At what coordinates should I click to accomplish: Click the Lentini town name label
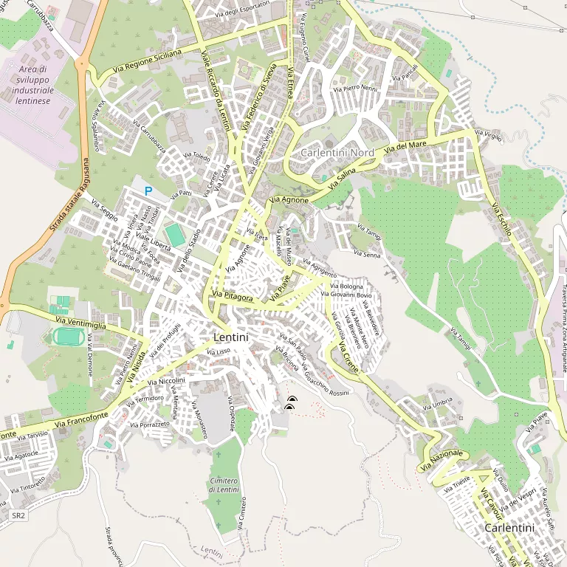click(230, 337)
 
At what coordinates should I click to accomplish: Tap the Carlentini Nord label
click(337, 152)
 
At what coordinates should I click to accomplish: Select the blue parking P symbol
click(148, 191)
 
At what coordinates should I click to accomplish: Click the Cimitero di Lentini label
click(224, 485)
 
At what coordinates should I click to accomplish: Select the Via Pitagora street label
click(233, 298)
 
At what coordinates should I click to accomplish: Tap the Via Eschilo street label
click(500, 218)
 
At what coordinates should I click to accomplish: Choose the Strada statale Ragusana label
click(69, 196)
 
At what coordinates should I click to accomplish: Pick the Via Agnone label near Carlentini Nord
click(289, 199)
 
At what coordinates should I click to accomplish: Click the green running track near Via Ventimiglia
click(69, 336)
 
